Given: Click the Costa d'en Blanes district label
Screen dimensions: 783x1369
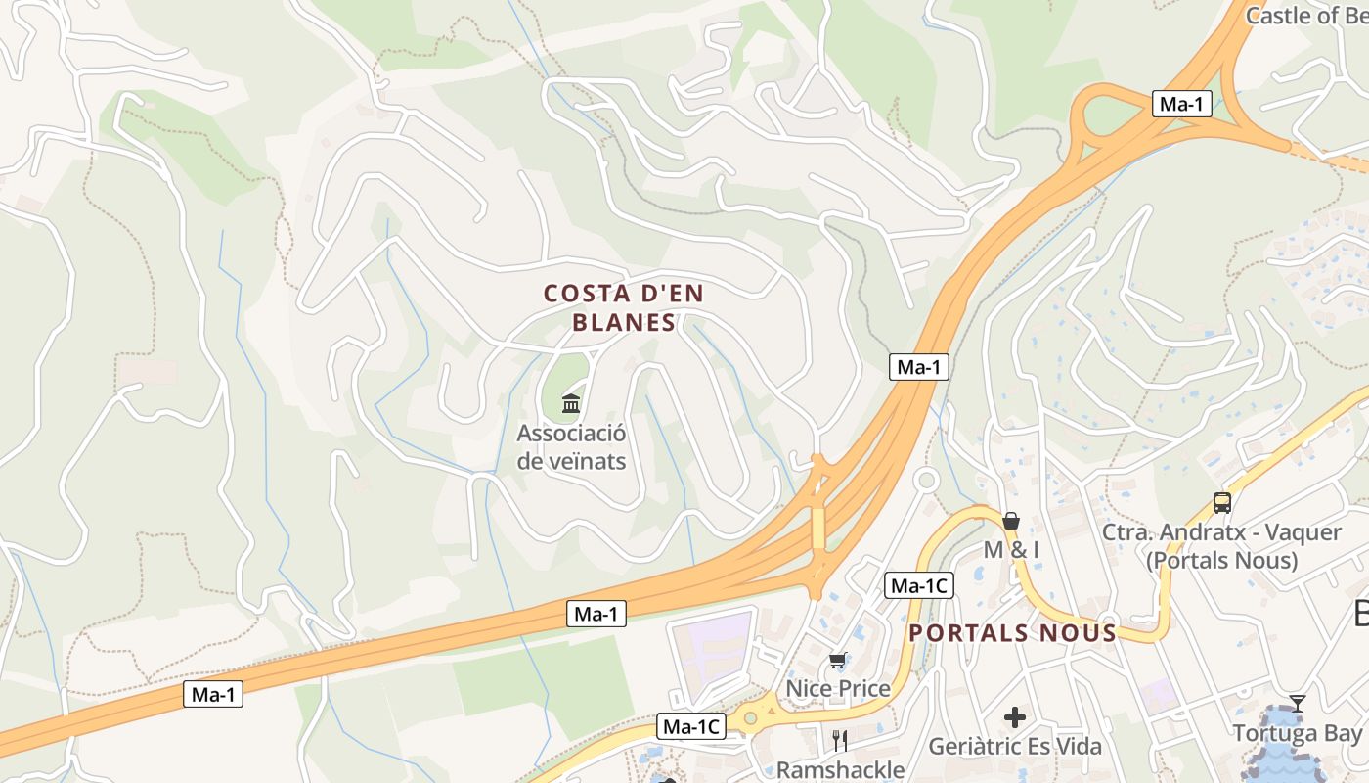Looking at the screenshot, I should coord(624,307).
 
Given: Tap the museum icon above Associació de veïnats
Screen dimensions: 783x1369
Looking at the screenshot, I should coord(571,403).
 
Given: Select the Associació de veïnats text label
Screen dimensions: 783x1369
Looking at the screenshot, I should coord(571,446).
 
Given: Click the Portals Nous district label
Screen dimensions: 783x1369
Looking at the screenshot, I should coord(1012,633).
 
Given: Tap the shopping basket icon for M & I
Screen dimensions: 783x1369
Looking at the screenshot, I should coord(1011,521).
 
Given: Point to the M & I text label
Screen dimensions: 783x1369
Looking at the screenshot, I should coord(1011,549).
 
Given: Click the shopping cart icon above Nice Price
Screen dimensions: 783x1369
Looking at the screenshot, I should coord(837,661).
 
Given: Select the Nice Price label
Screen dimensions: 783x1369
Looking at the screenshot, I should coord(838,688).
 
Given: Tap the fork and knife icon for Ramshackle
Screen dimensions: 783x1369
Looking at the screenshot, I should coord(839,741).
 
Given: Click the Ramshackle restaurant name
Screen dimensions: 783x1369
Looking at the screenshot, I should coord(840,769).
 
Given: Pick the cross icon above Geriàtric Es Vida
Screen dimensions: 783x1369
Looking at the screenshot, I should coord(1015,717).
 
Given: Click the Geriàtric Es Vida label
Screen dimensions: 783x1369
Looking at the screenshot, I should coord(1015,747).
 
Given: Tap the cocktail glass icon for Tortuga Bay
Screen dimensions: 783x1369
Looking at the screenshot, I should coord(1298,703).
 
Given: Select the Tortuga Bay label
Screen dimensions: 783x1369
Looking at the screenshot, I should coord(1297,733).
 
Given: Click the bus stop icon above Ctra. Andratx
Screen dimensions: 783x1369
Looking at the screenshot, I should coord(1222,503).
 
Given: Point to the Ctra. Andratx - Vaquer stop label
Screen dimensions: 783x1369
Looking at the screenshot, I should coord(1222,546).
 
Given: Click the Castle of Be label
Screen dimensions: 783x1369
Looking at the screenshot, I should coord(1305,15).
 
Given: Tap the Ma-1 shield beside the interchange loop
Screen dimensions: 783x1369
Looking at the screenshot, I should coord(1182,104).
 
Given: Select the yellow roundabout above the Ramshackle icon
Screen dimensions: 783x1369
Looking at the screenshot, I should coord(750,718).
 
